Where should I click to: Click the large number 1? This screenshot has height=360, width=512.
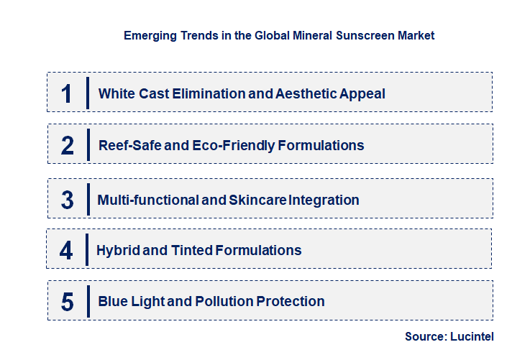[x=67, y=93]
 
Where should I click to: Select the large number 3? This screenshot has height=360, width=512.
[x=67, y=200]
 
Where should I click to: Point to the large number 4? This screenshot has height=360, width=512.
[x=67, y=251]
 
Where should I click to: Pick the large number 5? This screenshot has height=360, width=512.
[x=67, y=302]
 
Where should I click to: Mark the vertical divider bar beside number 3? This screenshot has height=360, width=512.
[x=87, y=199]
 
